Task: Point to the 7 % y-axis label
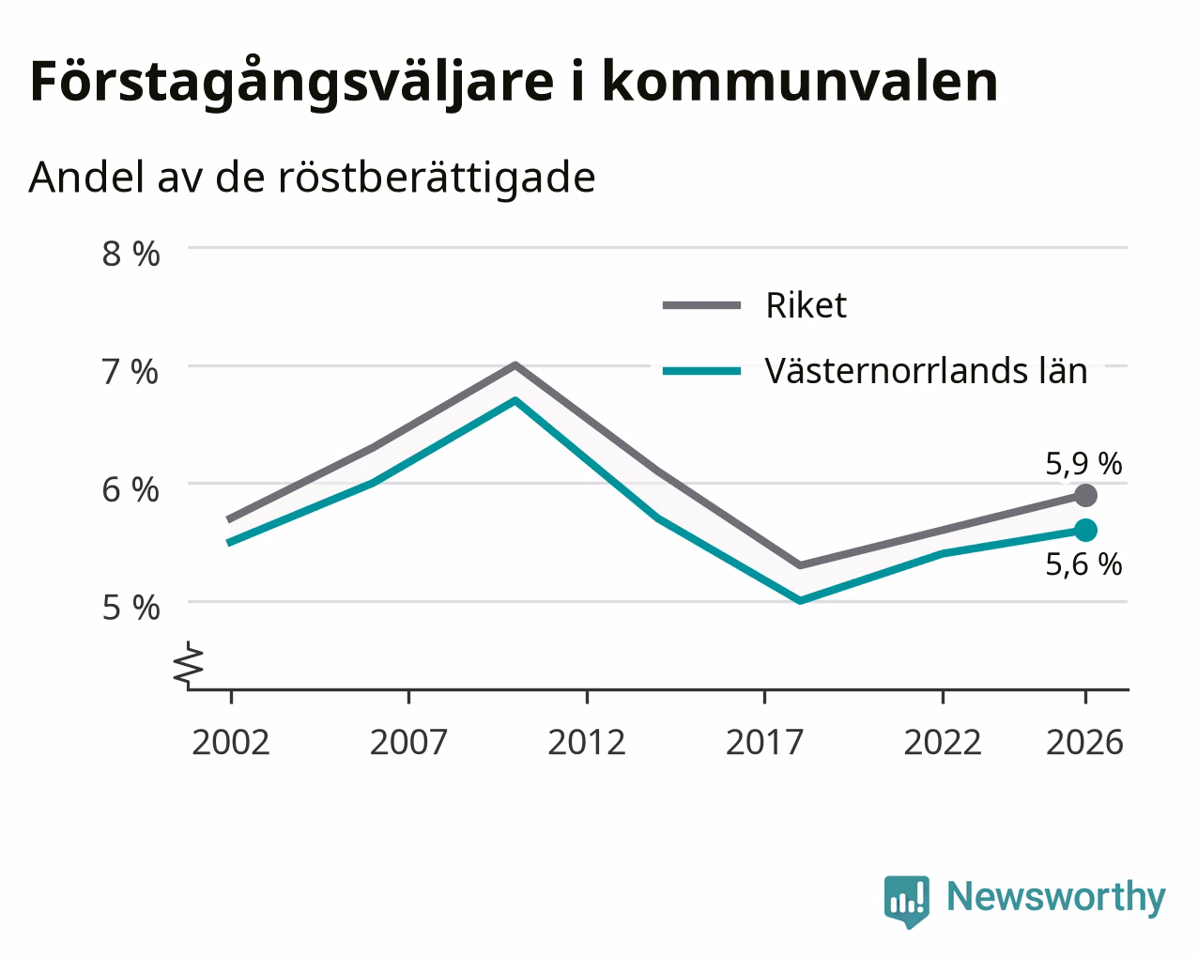pyautogui.click(x=131, y=372)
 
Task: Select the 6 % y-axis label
pyautogui.click(x=131, y=490)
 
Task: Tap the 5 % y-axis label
pyautogui.click(x=131, y=608)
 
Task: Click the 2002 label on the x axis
pyautogui.click(x=230, y=742)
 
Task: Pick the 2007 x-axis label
pyautogui.click(x=408, y=742)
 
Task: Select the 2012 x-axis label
pyautogui.click(x=587, y=742)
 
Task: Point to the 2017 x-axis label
pyautogui.click(x=764, y=742)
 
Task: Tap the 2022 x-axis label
pyautogui.click(x=943, y=742)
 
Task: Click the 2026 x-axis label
pyautogui.click(x=1085, y=742)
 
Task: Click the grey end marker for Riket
pyautogui.click(x=1085, y=495)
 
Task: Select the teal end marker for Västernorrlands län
pyautogui.click(x=1085, y=531)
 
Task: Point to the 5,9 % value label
pyautogui.click(x=1083, y=464)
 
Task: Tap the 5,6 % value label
pyautogui.click(x=1083, y=564)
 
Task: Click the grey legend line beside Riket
pyautogui.click(x=701, y=305)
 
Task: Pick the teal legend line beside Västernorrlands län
pyautogui.click(x=701, y=372)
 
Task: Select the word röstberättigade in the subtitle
pyautogui.click(x=437, y=178)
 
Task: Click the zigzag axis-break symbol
pyautogui.click(x=189, y=664)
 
